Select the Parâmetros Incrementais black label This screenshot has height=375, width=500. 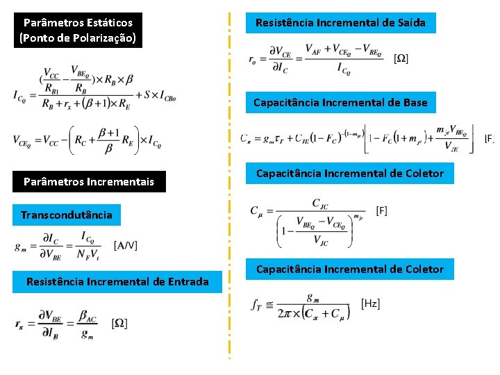88,182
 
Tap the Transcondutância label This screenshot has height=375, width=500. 66,215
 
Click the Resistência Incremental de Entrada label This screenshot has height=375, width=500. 117,281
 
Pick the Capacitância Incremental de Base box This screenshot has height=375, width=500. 340,103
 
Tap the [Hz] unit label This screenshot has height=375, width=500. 371,303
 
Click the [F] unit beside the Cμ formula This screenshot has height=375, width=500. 381,209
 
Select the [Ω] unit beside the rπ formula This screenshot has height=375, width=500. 119,323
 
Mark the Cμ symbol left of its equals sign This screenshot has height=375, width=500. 256,210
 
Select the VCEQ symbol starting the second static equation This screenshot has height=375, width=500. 24,142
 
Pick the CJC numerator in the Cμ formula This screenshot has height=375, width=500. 324,203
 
